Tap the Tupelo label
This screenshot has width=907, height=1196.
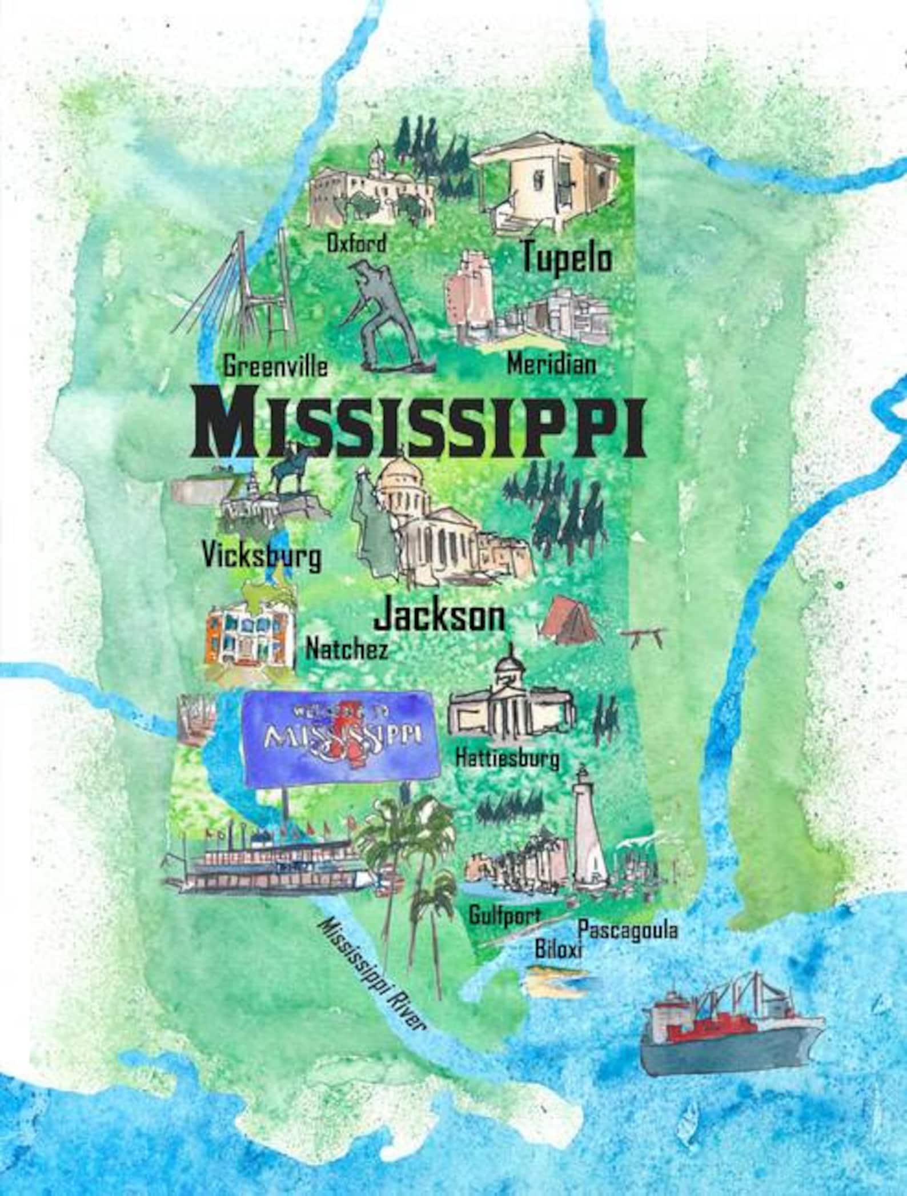[567, 258]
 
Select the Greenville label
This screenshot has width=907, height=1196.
[275, 366]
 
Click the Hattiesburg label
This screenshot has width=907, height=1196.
[507, 758]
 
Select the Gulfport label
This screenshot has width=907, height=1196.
[504, 915]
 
